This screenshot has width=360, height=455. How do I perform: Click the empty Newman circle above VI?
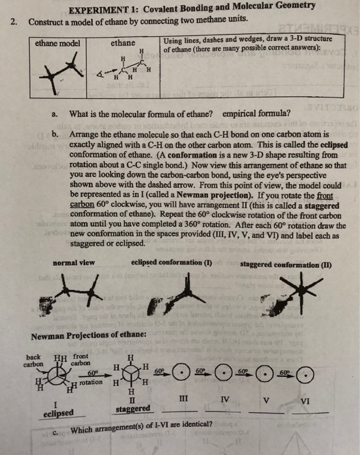click(309, 375)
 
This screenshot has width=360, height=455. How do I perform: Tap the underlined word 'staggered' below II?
click(133, 408)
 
